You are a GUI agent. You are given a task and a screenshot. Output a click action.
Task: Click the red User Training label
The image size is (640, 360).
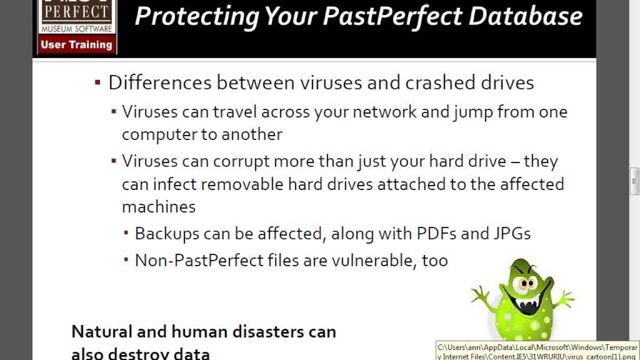pyautogui.click(x=76, y=44)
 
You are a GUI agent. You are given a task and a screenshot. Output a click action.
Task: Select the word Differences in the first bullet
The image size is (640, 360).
pyautogui.click(x=159, y=82)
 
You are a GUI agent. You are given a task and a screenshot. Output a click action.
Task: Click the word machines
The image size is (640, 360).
pyautogui.click(x=158, y=206)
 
